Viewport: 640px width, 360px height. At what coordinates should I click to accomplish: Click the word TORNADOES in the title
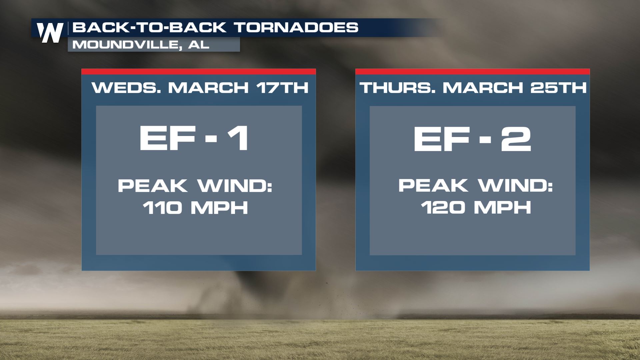pyautogui.click(x=296, y=27)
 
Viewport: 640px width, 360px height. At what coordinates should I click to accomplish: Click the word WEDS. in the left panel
pyautogui.click(x=127, y=88)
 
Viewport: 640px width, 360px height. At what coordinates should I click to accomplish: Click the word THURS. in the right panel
pyautogui.click(x=398, y=88)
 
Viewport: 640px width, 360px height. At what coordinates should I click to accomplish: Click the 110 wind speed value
pyautogui.click(x=162, y=208)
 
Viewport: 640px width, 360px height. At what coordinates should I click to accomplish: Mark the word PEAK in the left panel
pyautogui.click(x=153, y=186)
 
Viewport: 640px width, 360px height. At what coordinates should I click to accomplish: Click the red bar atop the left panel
pyautogui.click(x=199, y=71)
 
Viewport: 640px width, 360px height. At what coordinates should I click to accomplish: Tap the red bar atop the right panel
pyautogui.click(x=473, y=71)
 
